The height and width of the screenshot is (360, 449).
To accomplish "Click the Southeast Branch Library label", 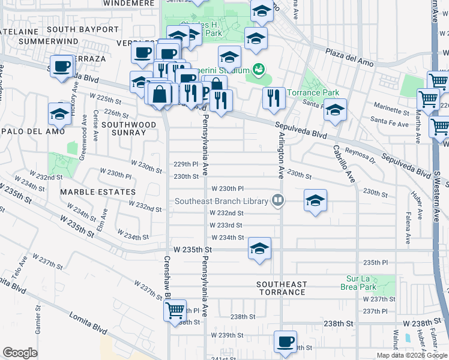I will tap(221, 201).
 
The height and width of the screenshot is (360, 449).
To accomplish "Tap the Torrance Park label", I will tap(313, 93).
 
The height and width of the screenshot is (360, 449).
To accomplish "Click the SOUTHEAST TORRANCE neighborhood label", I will tap(282, 288).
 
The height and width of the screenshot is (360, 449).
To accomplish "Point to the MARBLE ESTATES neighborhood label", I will tap(98, 192).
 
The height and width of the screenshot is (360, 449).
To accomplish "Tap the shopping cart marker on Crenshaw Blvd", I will tap(175, 311).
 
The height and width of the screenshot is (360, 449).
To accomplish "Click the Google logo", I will tap(20, 353).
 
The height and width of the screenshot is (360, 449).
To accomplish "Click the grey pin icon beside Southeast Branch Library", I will tap(277, 200).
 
